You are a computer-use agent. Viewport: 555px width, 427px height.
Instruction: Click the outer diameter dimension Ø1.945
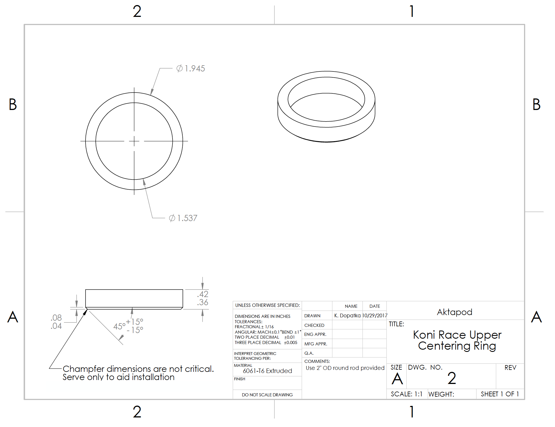click(x=191, y=68)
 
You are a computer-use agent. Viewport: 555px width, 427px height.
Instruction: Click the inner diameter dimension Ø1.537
click(x=183, y=218)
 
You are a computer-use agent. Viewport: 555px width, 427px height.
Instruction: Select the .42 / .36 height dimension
click(x=203, y=298)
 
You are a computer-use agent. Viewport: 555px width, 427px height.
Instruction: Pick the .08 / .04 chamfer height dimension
click(x=56, y=322)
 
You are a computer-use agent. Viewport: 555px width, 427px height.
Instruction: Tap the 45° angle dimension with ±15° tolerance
click(x=128, y=326)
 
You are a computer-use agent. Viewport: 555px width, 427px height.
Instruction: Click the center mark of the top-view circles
click(x=134, y=141)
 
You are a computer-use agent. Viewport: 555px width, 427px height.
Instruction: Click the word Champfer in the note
click(x=83, y=369)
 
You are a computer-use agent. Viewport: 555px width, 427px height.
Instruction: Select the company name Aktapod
click(x=454, y=312)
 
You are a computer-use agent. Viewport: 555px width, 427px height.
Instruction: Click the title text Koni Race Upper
click(x=457, y=335)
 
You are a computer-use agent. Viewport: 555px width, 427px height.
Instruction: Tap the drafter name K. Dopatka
click(x=347, y=316)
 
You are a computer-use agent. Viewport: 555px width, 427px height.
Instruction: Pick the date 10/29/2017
click(x=375, y=316)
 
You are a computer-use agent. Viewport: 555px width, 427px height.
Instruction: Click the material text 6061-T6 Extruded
click(x=267, y=371)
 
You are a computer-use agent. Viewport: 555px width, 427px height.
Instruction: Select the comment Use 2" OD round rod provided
click(x=345, y=368)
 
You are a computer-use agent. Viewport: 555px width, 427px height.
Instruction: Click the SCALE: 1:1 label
click(x=406, y=394)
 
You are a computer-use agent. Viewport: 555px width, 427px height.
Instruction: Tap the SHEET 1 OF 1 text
click(x=500, y=394)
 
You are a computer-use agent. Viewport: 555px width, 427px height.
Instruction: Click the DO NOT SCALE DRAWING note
click(x=267, y=395)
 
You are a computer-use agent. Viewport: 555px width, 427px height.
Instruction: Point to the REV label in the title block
click(x=510, y=368)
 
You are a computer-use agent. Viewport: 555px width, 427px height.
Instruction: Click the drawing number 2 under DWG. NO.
click(x=451, y=378)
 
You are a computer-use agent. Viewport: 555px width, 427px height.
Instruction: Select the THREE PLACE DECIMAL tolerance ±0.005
click(x=290, y=343)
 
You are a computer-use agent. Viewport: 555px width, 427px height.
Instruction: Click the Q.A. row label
click(x=309, y=353)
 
